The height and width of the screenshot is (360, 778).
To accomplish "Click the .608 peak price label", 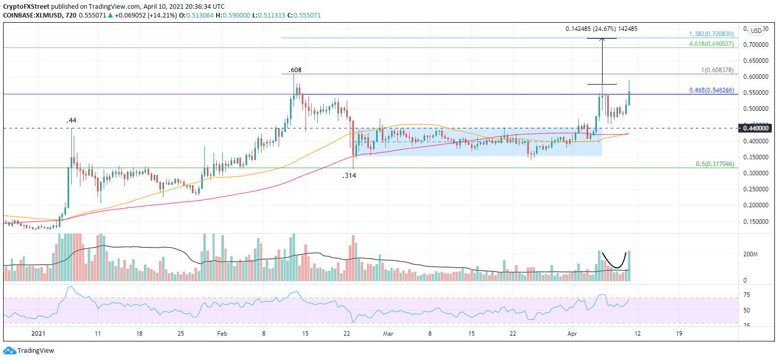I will pos(295,69).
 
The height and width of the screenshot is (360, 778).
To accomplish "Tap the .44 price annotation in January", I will pos(72,121).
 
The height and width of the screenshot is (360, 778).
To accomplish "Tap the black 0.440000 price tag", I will pos(755,128).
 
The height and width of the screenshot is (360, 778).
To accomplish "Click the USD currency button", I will pos(757,30).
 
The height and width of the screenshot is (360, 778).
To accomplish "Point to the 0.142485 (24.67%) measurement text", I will pos(600,29).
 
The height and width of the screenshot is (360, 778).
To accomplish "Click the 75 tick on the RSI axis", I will pos(746,295).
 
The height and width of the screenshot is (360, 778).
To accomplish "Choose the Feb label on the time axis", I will pos(223,334).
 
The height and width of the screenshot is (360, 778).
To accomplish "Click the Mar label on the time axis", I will pos(388,334).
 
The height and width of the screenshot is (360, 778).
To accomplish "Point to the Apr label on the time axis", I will pos(572,334).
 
